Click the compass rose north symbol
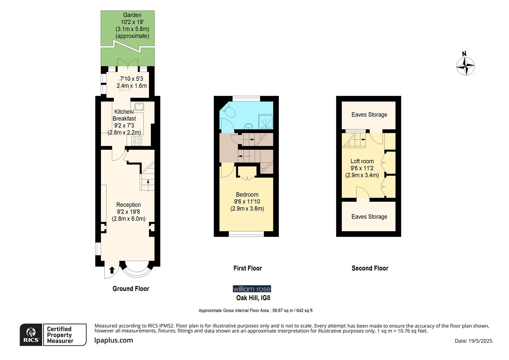click(465, 66)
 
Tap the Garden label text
click(132, 15)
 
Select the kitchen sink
click(139, 107)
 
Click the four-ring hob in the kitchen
click(137, 141)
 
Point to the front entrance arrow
click(112, 270)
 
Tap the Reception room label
click(129, 205)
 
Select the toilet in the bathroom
click(229, 111)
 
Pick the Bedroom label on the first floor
click(247, 195)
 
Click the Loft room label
click(362, 161)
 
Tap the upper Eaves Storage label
click(369, 115)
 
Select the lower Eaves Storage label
click(369, 217)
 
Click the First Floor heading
click(248, 268)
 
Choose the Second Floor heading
click(370, 268)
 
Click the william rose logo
click(252, 289)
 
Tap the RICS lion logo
click(31, 335)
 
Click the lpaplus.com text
click(114, 340)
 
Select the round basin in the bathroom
click(248, 126)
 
